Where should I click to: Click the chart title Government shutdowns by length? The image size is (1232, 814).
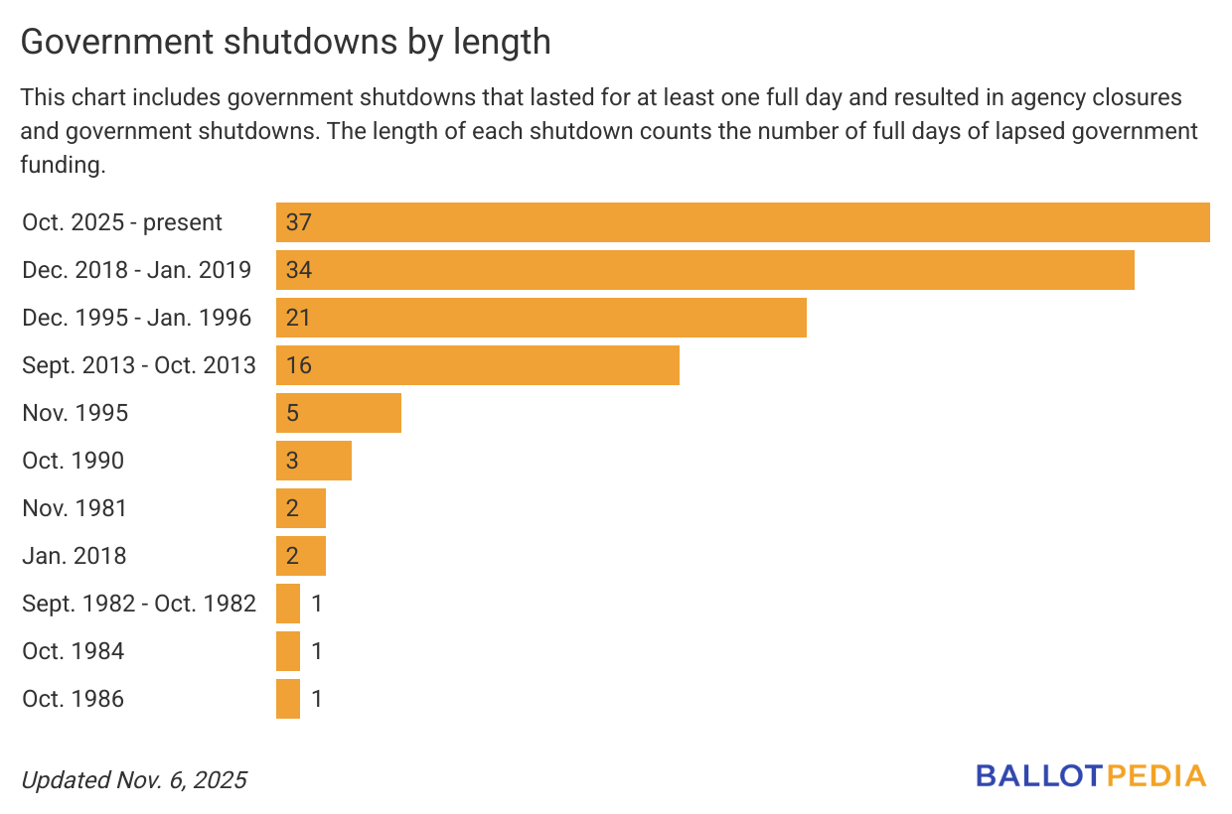coord(285,42)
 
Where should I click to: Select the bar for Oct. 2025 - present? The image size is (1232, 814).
coord(742,222)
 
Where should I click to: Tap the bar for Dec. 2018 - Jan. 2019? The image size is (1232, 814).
coord(704,270)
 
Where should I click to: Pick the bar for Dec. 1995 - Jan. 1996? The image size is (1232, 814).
coord(540,318)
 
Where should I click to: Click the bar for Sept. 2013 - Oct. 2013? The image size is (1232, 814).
coord(477,365)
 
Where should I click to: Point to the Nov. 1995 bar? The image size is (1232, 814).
coord(338,413)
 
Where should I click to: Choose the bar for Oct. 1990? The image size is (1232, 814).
coord(313,461)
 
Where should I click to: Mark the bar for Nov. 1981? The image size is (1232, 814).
coord(300,508)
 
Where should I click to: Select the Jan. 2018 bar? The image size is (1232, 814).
coord(300,556)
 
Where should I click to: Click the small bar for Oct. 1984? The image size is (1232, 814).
coord(288,651)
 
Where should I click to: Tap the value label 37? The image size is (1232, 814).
coord(298,222)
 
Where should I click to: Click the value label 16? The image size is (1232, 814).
coord(298,365)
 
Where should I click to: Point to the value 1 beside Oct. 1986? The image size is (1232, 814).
coord(316,699)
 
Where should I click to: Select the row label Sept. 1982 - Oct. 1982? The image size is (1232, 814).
coord(139,604)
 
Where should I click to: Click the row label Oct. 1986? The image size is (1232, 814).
coord(74,699)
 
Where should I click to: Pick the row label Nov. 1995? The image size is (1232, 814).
coord(76,413)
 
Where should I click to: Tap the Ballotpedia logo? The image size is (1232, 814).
coord(1091,776)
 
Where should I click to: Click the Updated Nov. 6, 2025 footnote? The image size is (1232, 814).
coord(133,780)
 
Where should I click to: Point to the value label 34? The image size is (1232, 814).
coord(298,270)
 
